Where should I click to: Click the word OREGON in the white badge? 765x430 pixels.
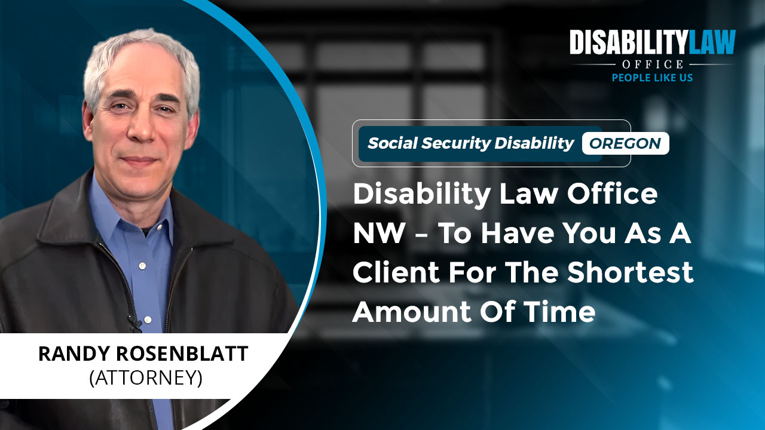click(625, 143)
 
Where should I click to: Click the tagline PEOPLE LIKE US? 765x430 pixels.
click(652, 78)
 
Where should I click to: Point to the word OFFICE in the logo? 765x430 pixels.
click(652, 64)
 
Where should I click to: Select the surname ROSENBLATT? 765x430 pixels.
click(182, 354)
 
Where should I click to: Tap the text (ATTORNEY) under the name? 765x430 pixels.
click(146, 378)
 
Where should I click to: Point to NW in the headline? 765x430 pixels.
click(378, 233)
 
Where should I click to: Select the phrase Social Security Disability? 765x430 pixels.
click(470, 143)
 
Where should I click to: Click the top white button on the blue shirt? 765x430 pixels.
click(142, 266)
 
